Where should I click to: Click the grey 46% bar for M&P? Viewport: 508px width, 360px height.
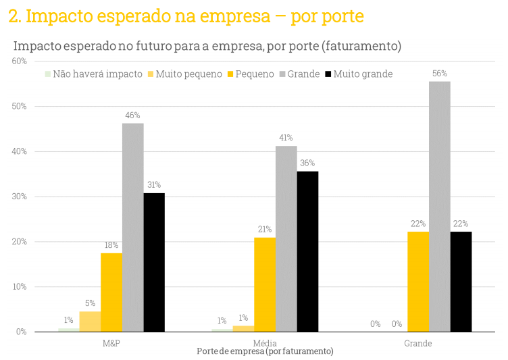[x=132, y=228]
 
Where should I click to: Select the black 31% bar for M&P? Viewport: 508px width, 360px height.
[x=154, y=263]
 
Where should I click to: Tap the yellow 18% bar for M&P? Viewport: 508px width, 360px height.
[x=111, y=292]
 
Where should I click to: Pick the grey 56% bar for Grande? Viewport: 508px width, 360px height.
[x=439, y=207]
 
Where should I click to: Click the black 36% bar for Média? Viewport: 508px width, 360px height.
[x=307, y=251]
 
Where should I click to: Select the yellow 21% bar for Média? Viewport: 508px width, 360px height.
[x=265, y=284]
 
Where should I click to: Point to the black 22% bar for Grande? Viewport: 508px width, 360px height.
[x=461, y=282]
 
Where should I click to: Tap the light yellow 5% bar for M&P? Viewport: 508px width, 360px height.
[x=90, y=322]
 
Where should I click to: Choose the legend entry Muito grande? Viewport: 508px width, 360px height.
[x=363, y=74]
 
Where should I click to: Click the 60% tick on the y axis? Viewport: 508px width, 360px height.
[x=19, y=61]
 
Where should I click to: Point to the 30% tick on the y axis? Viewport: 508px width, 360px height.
[x=19, y=197]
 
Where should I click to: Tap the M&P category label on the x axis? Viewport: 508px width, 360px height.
[x=111, y=343]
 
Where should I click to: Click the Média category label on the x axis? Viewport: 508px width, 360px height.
[x=265, y=343]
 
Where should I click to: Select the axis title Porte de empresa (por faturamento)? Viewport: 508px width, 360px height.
[x=265, y=352]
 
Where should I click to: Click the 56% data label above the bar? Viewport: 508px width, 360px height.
[x=439, y=73]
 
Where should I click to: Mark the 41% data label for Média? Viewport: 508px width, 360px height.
[x=286, y=138]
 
